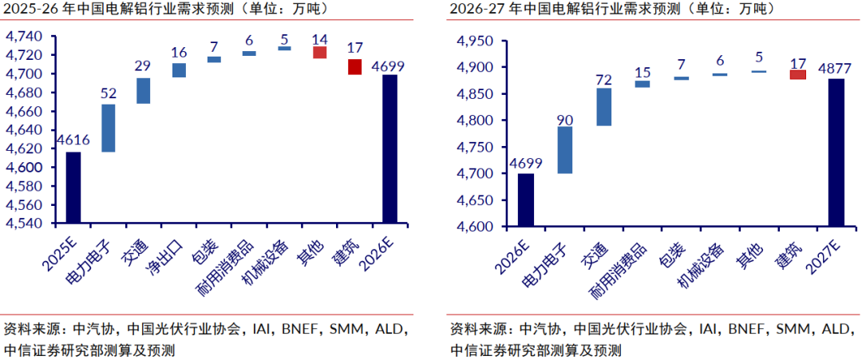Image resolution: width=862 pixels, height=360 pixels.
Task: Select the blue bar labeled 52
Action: [109, 128]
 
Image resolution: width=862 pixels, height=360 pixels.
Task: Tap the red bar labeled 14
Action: [319, 53]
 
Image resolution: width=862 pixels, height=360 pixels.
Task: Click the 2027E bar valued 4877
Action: [836, 152]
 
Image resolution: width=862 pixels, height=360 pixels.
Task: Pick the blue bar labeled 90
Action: [565, 150]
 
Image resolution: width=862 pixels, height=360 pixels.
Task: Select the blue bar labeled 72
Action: [603, 107]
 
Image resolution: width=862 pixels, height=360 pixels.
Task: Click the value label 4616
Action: [73, 140]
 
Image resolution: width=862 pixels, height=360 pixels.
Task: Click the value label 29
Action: [144, 66]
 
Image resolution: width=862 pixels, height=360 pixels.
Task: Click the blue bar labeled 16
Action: [179, 70]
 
